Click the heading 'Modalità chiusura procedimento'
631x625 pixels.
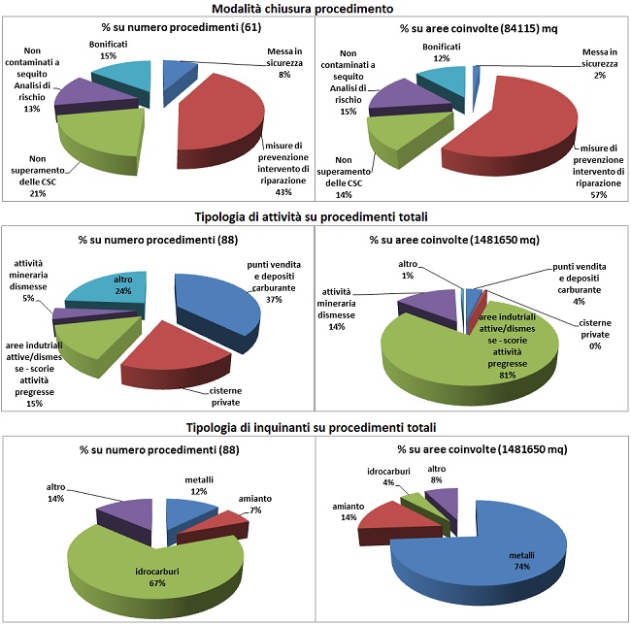pyautogui.click(x=315, y=8)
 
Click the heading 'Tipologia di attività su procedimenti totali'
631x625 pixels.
pyautogui.click(x=315, y=215)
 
